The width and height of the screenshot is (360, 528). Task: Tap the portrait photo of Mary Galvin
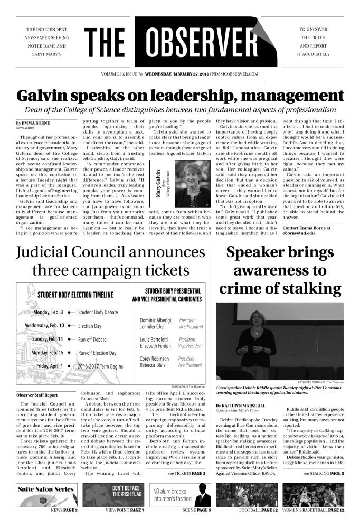tap(188, 183)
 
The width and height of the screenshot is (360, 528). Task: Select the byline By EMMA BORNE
tap(33, 123)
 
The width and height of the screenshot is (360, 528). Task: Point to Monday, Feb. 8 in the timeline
tap(49, 312)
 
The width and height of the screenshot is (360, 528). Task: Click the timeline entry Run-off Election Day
tap(100, 352)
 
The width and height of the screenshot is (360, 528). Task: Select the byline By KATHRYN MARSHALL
tap(241, 406)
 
